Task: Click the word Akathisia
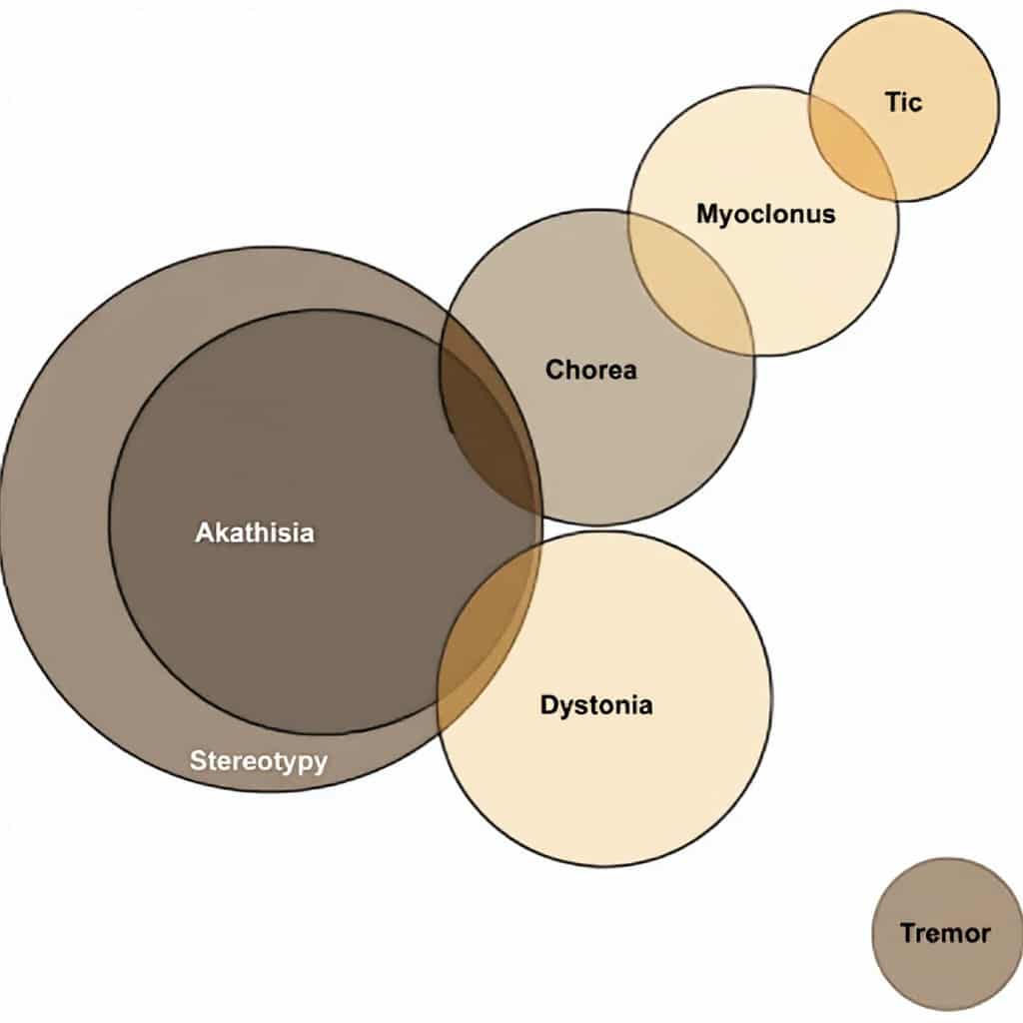point(255,532)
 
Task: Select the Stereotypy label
point(259,761)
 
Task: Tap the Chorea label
point(591,370)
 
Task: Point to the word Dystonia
point(596,706)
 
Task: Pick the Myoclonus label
point(766,214)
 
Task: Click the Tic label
point(903,103)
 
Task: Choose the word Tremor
point(945,933)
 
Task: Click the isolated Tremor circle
point(947,934)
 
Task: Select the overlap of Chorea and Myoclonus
point(691,282)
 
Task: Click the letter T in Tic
point(892,103)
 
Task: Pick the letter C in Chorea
point(554,370)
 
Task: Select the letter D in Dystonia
point(550,704)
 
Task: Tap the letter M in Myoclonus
point(708,213)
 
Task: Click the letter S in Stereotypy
point(199,760)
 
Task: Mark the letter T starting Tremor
point(909,933)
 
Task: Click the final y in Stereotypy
point(320,764)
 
